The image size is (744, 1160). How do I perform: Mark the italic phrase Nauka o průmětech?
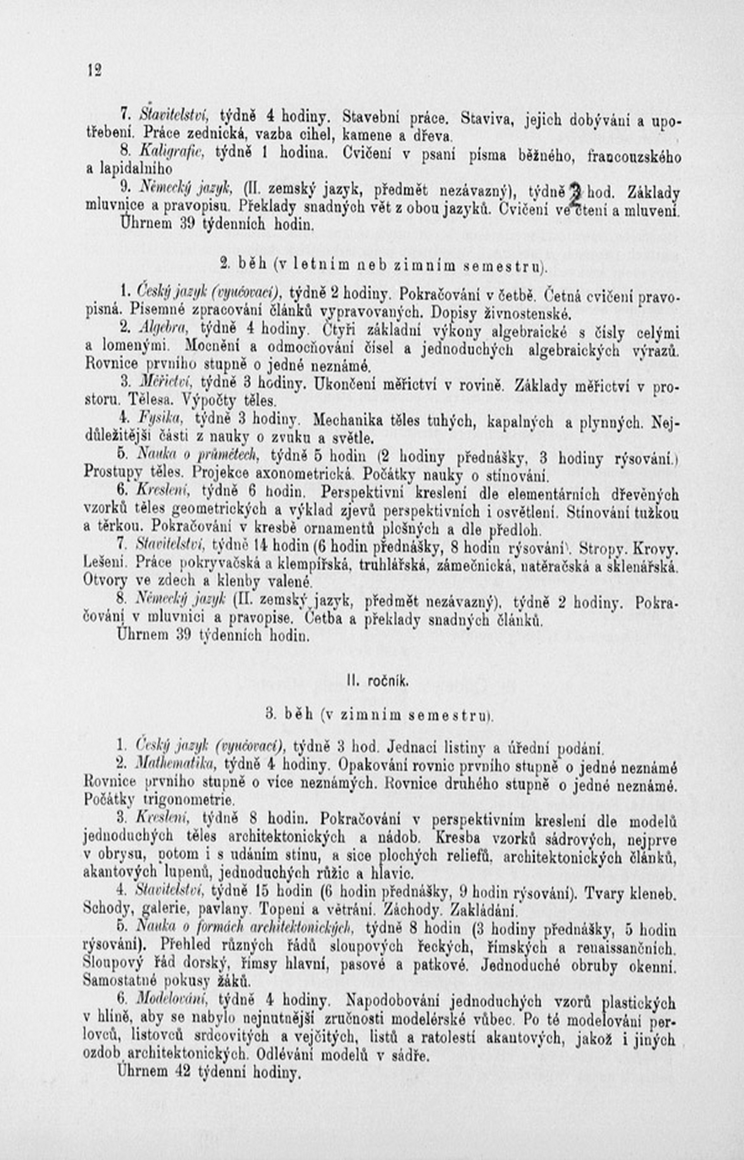(199, 454)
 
